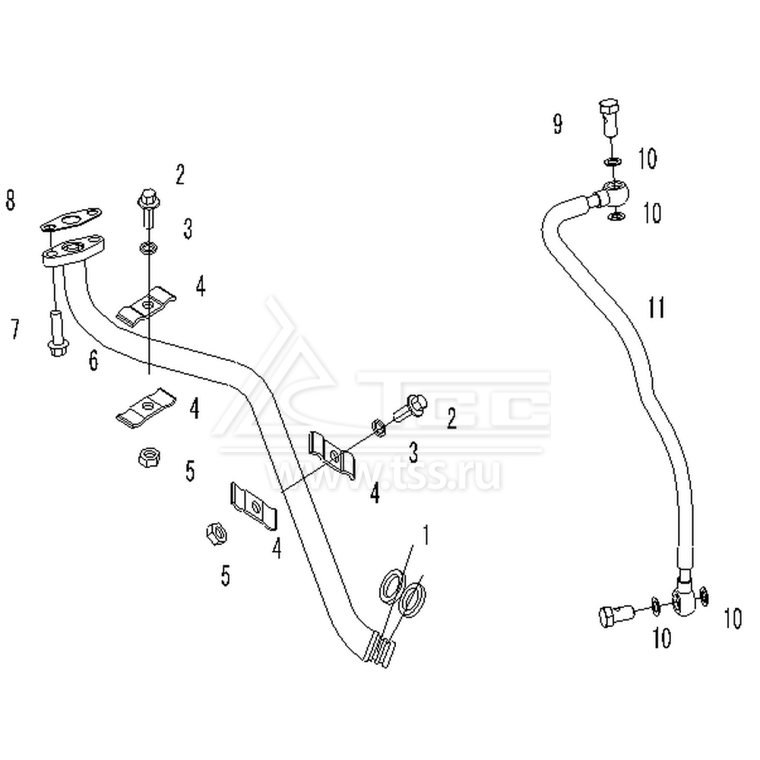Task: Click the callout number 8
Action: click(x=11, y=200)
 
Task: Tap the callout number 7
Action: click(x=15, y=329)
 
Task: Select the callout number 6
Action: click(x=93, y=360)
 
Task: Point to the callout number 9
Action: click(x=558, y=124)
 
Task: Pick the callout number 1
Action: click(x=425, y=534)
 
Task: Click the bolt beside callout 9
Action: click(x=610, y=117)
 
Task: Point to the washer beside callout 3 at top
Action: click(x=147, y=249)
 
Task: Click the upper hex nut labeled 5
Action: click(x=149, y=457)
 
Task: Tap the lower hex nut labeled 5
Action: click(x=216, y=534)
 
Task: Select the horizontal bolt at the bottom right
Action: click(x=616, y=616)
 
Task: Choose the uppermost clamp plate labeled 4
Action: click(x=146, y=308)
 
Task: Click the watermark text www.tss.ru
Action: click(x=383, y=473)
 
